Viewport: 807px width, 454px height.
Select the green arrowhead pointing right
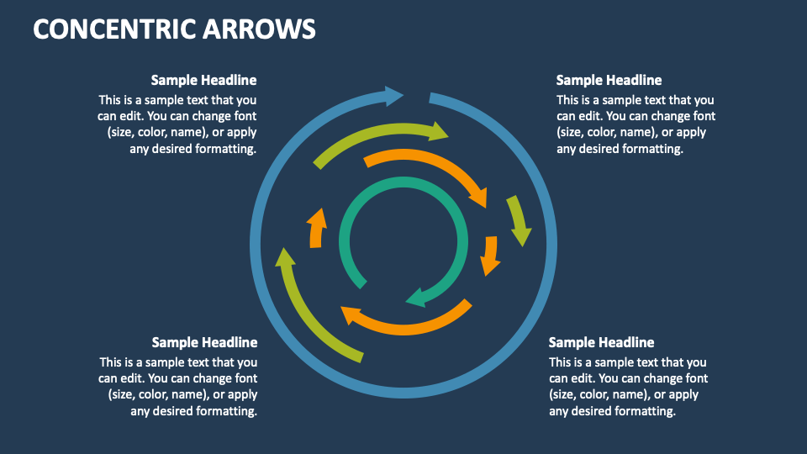tap(438, 130)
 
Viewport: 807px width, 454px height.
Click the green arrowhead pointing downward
tap(521, 232)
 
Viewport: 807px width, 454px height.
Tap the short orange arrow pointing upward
tap(316, 227)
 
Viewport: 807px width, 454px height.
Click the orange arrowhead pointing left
tap(351, 315)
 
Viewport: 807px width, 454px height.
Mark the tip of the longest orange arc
tap(478, 198)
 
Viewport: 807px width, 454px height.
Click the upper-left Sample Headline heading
tap(203, 81)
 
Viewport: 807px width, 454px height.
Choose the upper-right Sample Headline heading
tap(609, 81)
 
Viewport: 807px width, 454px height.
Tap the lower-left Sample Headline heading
tap(204, 343)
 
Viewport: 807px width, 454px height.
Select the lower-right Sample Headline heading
tap(601, 343)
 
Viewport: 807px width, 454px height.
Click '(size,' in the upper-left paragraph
tap(124, 133)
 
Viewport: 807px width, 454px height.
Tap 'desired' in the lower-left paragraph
tap(178, 411)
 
